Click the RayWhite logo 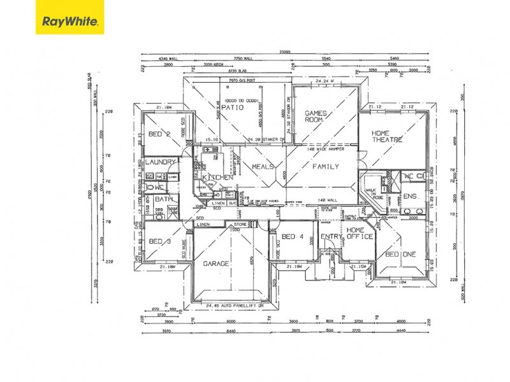[x=69, y=21]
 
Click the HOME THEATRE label [x=388, y=136]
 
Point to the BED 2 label [x=159, y=134]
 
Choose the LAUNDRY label [x=160, y=162]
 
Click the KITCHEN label [x=217, y=177]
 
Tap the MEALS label [x=262, y=167]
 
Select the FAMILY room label [x=324, y=167]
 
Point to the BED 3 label [x=159, y=241]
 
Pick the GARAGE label [x=215, y=263]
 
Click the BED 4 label [x=292, y=237]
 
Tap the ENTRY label [x=331, y=237]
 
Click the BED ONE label [x=400, y=254]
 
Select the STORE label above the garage [x=240, y=224]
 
